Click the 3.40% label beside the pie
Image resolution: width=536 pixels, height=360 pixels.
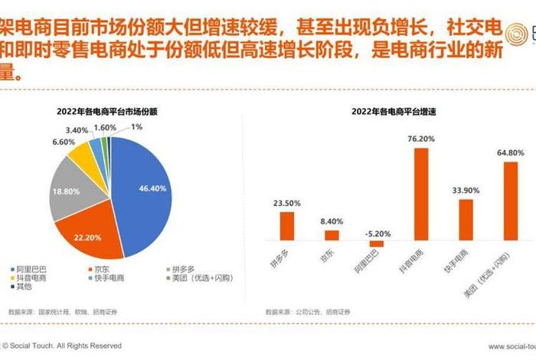coord(78,130)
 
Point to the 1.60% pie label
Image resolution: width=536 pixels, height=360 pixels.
coord(105,127)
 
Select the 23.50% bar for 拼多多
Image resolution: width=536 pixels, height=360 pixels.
coord(286,226)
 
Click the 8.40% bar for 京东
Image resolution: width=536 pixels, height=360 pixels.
coord(332,235)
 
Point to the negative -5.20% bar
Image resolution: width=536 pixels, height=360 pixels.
coord(376,244)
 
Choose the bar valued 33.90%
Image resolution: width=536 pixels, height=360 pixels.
coord(465,220)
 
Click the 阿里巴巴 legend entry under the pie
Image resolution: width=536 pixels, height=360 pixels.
coord(31,269)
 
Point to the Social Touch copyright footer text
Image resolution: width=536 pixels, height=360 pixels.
coord(62,346)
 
